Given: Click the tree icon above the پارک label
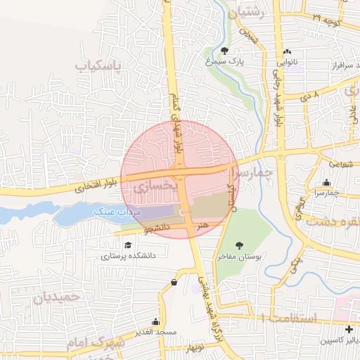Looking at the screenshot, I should (x=224, y=51).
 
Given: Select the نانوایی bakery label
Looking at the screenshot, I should (x=289, y=62).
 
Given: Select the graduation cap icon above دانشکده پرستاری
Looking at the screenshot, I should (x=128, y=245).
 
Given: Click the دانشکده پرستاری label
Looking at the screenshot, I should (x=128, y=257).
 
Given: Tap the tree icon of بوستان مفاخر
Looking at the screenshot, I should (x=240, y=245).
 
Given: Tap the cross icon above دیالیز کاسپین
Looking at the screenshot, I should (x=349, y=329).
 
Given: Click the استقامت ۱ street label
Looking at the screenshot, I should (x=288, y=318).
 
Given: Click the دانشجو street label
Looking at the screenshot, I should (x=158, y=230).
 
